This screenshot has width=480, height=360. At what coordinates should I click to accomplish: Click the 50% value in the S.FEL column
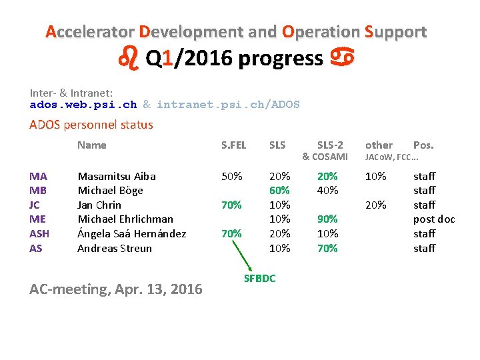click(x=231, y=176)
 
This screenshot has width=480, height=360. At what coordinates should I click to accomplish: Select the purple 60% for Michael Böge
click(x=279, y=191)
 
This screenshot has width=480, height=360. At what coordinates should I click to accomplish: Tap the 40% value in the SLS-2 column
click(x=327, y=191)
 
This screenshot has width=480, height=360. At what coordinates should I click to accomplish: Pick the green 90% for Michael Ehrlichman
click(x=327, y=219)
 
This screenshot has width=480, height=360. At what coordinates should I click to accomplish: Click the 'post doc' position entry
click(x=434, y=219)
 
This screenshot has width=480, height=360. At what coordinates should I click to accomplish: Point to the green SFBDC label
click(x=259, y=279)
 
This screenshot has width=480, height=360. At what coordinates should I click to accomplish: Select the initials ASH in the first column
click(x=40, y=234)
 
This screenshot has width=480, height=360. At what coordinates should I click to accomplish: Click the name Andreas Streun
click(x=115, y=249)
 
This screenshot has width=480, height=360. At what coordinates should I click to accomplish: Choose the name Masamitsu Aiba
click(x=117, y=176)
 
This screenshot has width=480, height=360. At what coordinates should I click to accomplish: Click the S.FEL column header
click(x=233, y=145)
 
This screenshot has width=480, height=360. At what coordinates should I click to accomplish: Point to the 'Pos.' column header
click(x=423, y=145)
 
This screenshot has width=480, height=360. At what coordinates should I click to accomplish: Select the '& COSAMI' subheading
click(x=325, y=157)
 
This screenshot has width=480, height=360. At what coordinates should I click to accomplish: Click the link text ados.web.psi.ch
click(x=83, y=105)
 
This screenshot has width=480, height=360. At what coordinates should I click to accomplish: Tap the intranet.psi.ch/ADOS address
click(x=228, y=105)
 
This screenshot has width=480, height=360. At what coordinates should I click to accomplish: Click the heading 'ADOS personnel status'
click(x=91, y=125)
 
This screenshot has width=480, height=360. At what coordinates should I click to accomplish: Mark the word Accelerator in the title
click(x=89, y=32)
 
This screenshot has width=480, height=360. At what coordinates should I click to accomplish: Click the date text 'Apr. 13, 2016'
click(x=156, y=289)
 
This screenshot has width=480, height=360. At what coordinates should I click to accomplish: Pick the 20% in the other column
click(x=376, y=205)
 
